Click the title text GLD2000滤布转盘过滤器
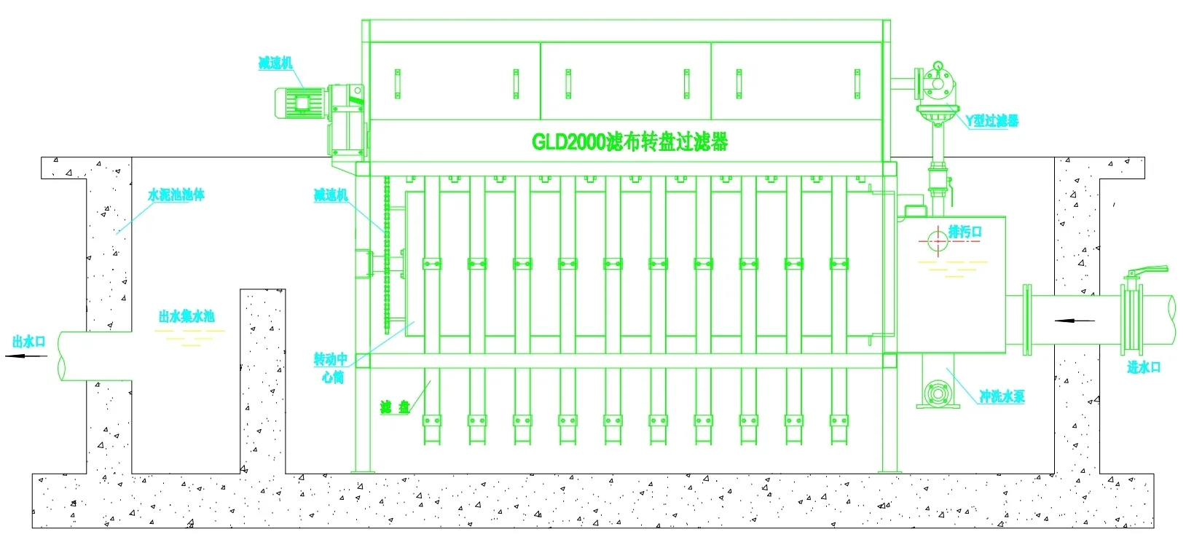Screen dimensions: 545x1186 click(x=629, y=141)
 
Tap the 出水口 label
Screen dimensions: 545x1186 click(x=29, y=342)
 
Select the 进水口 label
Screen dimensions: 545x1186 click(x=1143, y=367)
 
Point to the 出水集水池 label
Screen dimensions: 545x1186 click(x=186, y=316)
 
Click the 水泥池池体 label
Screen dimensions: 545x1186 click(x=176, y=195)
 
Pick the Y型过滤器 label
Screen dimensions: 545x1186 click(x=991, y=121)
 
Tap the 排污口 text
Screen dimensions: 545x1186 click(x=965, y=232)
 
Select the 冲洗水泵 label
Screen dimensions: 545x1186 click(x=1002, y=396)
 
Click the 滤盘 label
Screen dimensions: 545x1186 click(x=395, y=407)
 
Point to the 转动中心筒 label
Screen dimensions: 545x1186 click(x=331, y=367)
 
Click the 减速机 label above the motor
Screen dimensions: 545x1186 click(x=275, y=63)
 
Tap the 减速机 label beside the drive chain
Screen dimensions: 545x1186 click(x=331, y=195)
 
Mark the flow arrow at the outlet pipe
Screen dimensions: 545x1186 click(x=25, y=356)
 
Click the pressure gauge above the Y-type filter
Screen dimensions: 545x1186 click(x=936, y=68)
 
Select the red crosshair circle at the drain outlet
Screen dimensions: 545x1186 click(x=933, y=240)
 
